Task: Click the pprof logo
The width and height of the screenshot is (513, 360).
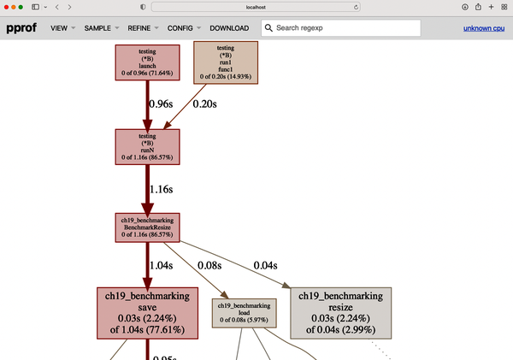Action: tap(21, 28)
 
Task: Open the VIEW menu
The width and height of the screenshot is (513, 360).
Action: tap(58, 28)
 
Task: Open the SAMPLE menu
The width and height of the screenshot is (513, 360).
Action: tap(97, 28)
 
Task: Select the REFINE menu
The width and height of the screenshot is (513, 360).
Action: tap(139, 28)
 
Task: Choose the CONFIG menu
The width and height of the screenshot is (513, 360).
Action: tap(180, 28)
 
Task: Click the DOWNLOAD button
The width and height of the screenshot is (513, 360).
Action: tap(229, 28)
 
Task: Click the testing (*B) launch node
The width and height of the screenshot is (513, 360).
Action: tap(147, 62)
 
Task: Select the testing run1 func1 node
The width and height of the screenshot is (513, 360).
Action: tap(226, 62)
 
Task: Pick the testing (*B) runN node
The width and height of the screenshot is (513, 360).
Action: tap(147, 146)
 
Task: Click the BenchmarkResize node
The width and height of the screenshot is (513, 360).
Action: tap(147, 227)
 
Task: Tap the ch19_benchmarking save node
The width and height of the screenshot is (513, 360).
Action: tap(147, 313)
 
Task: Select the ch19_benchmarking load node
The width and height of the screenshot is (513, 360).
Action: tap(245, 313)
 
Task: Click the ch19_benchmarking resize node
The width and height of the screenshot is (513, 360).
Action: tap(341, 313)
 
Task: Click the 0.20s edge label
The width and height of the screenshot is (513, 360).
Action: tap(205, 104)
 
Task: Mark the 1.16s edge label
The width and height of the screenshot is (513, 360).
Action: tap(162, 188)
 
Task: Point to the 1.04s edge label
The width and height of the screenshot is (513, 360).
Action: tap(162, 266)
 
